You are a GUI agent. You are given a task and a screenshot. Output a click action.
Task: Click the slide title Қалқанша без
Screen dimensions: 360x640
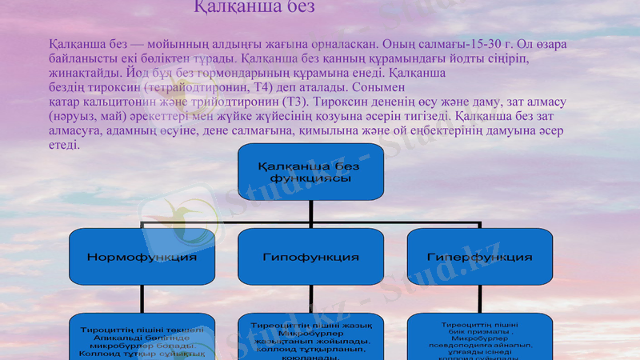[x=255, y=7]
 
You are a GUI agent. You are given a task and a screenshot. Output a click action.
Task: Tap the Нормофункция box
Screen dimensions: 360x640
[x=143, y=258]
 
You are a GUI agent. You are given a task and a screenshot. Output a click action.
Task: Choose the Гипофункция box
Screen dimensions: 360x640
[x=310, y=258]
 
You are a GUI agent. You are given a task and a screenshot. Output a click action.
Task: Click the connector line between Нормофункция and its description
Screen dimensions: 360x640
[x=143, y=300]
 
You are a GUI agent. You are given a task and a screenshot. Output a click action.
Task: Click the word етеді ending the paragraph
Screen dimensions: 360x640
[x=63, y=146]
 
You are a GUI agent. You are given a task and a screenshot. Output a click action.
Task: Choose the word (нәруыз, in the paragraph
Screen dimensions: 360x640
[x=74, y=117]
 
